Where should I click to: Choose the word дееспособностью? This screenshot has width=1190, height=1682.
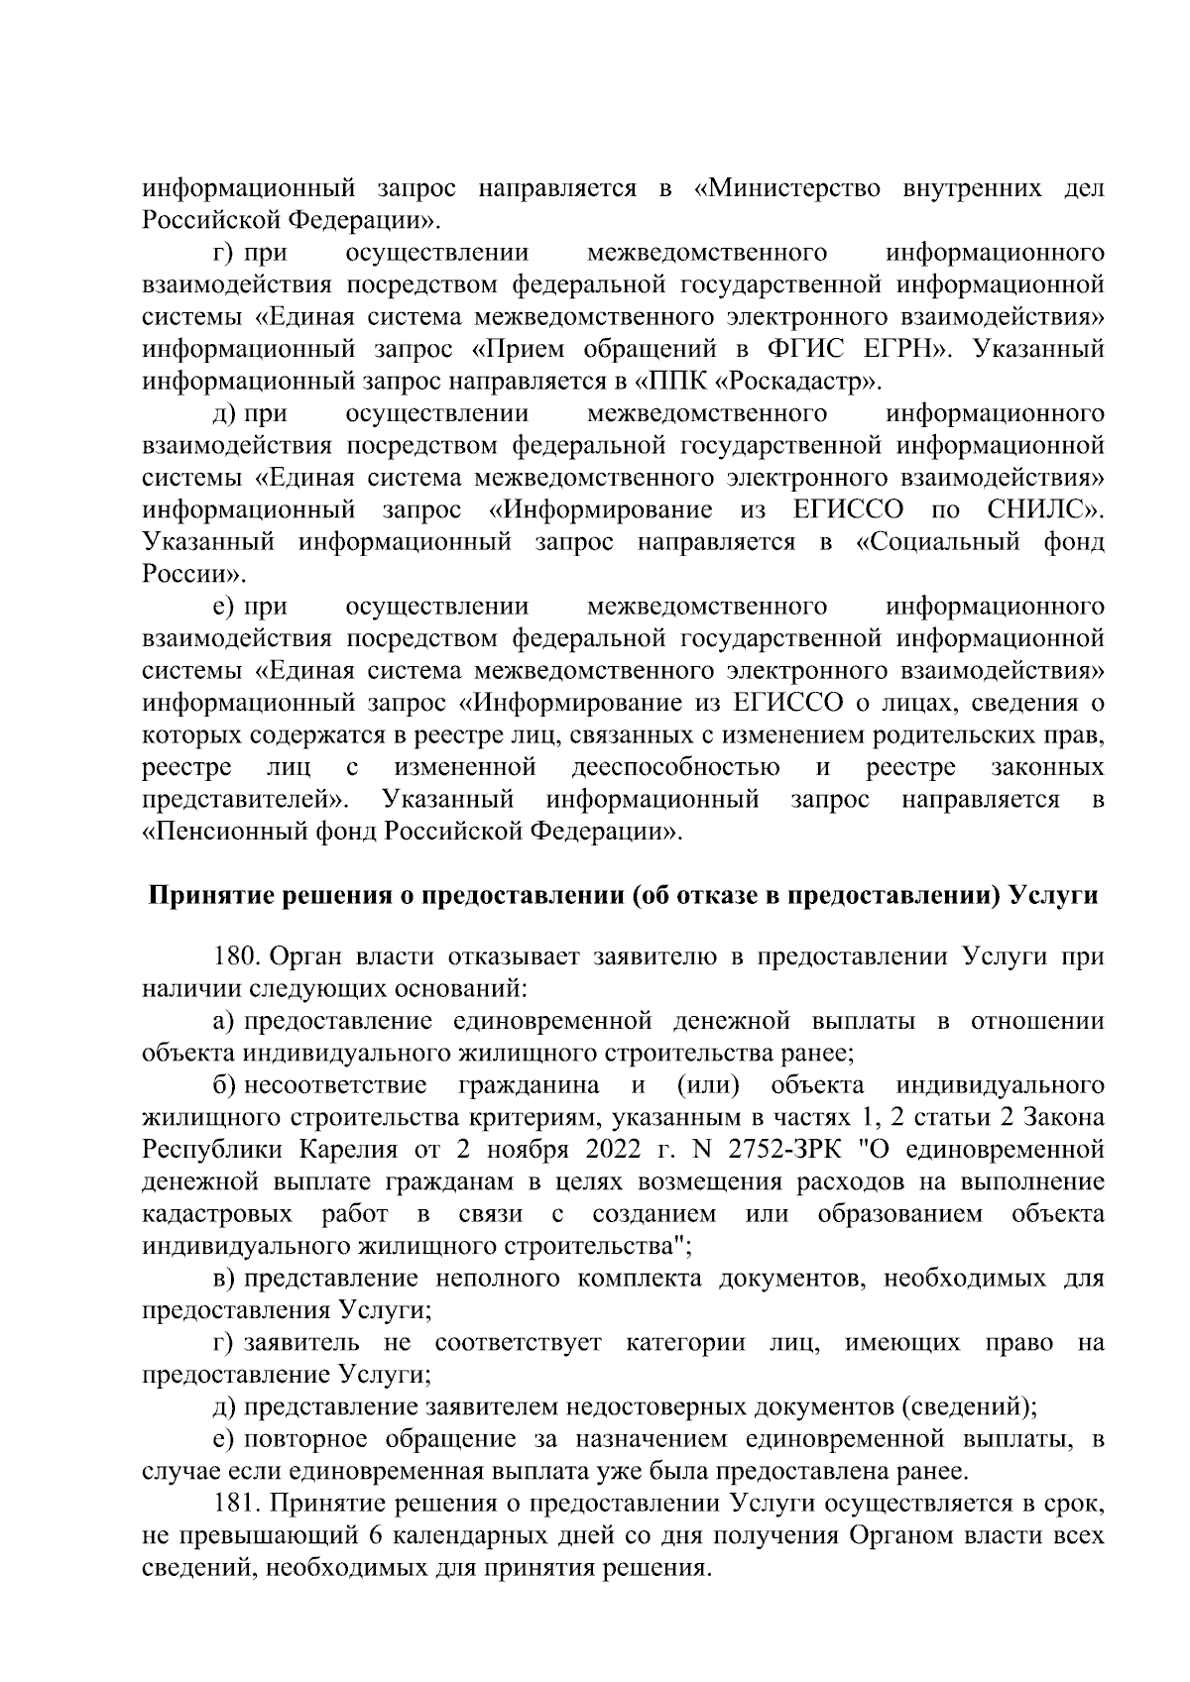coord(675,767)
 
